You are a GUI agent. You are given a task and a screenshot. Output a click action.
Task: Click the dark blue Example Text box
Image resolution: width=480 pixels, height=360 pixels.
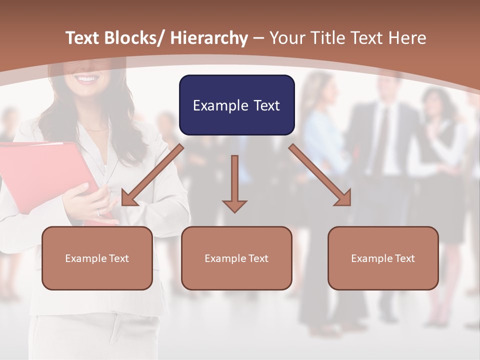tap(236, 105)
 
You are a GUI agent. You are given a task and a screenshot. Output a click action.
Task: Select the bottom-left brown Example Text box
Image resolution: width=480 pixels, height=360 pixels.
tap(97, 258)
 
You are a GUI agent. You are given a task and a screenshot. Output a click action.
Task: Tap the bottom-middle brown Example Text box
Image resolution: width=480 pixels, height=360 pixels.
tap(236, 258)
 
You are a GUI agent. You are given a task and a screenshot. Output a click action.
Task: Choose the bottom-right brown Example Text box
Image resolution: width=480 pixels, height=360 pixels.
tap(383, 258)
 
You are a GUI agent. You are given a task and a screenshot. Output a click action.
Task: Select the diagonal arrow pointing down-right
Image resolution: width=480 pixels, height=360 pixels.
tap(320, 175)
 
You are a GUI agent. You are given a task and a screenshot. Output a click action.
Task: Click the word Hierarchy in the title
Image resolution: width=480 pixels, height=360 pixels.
tap(208, 38)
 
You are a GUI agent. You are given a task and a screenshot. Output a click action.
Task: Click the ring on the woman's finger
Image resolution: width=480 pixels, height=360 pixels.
tap(98, 212)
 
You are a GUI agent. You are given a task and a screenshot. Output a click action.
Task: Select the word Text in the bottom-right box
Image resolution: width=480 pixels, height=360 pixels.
tap(404, 258)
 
